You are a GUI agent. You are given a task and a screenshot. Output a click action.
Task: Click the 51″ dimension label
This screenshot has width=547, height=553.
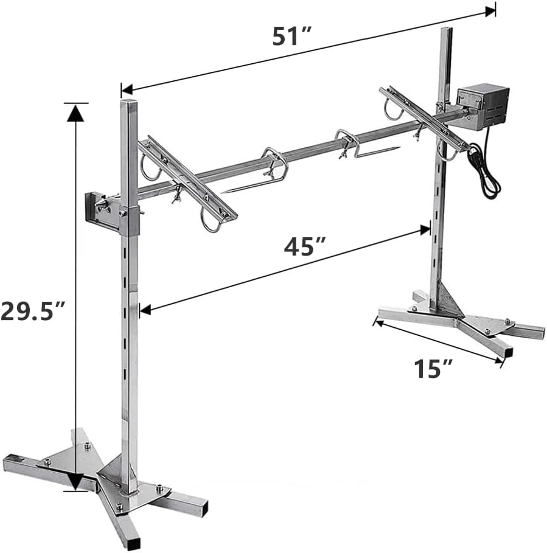point(291,36)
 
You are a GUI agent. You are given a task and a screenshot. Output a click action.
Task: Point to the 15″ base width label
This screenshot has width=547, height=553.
point(433,369)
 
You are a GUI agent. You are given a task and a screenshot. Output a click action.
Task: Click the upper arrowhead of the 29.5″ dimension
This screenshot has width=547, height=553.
point(75,113)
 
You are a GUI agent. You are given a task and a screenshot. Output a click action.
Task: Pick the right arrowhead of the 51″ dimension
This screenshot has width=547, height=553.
point(490,12)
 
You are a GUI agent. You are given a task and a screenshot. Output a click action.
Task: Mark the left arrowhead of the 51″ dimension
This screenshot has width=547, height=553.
point(127,89)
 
